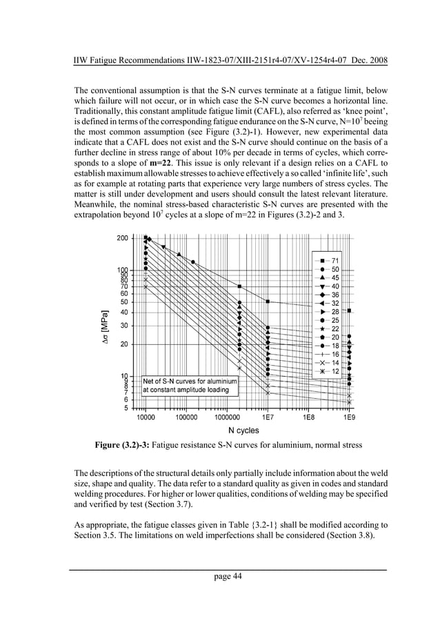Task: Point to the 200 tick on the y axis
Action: pyautogui.click(x=122, y=238)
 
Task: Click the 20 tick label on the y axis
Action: pyautogui.click(x=124, y=344)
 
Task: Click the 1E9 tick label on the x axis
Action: pyautogui.click(x=350, y=418)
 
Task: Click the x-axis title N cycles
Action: pyautogui.click(x=243, y=431)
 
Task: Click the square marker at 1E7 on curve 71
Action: pyautogui.click(x=268, y=301)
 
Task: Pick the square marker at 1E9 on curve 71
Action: pyautogui.click(x=350, y=310)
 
